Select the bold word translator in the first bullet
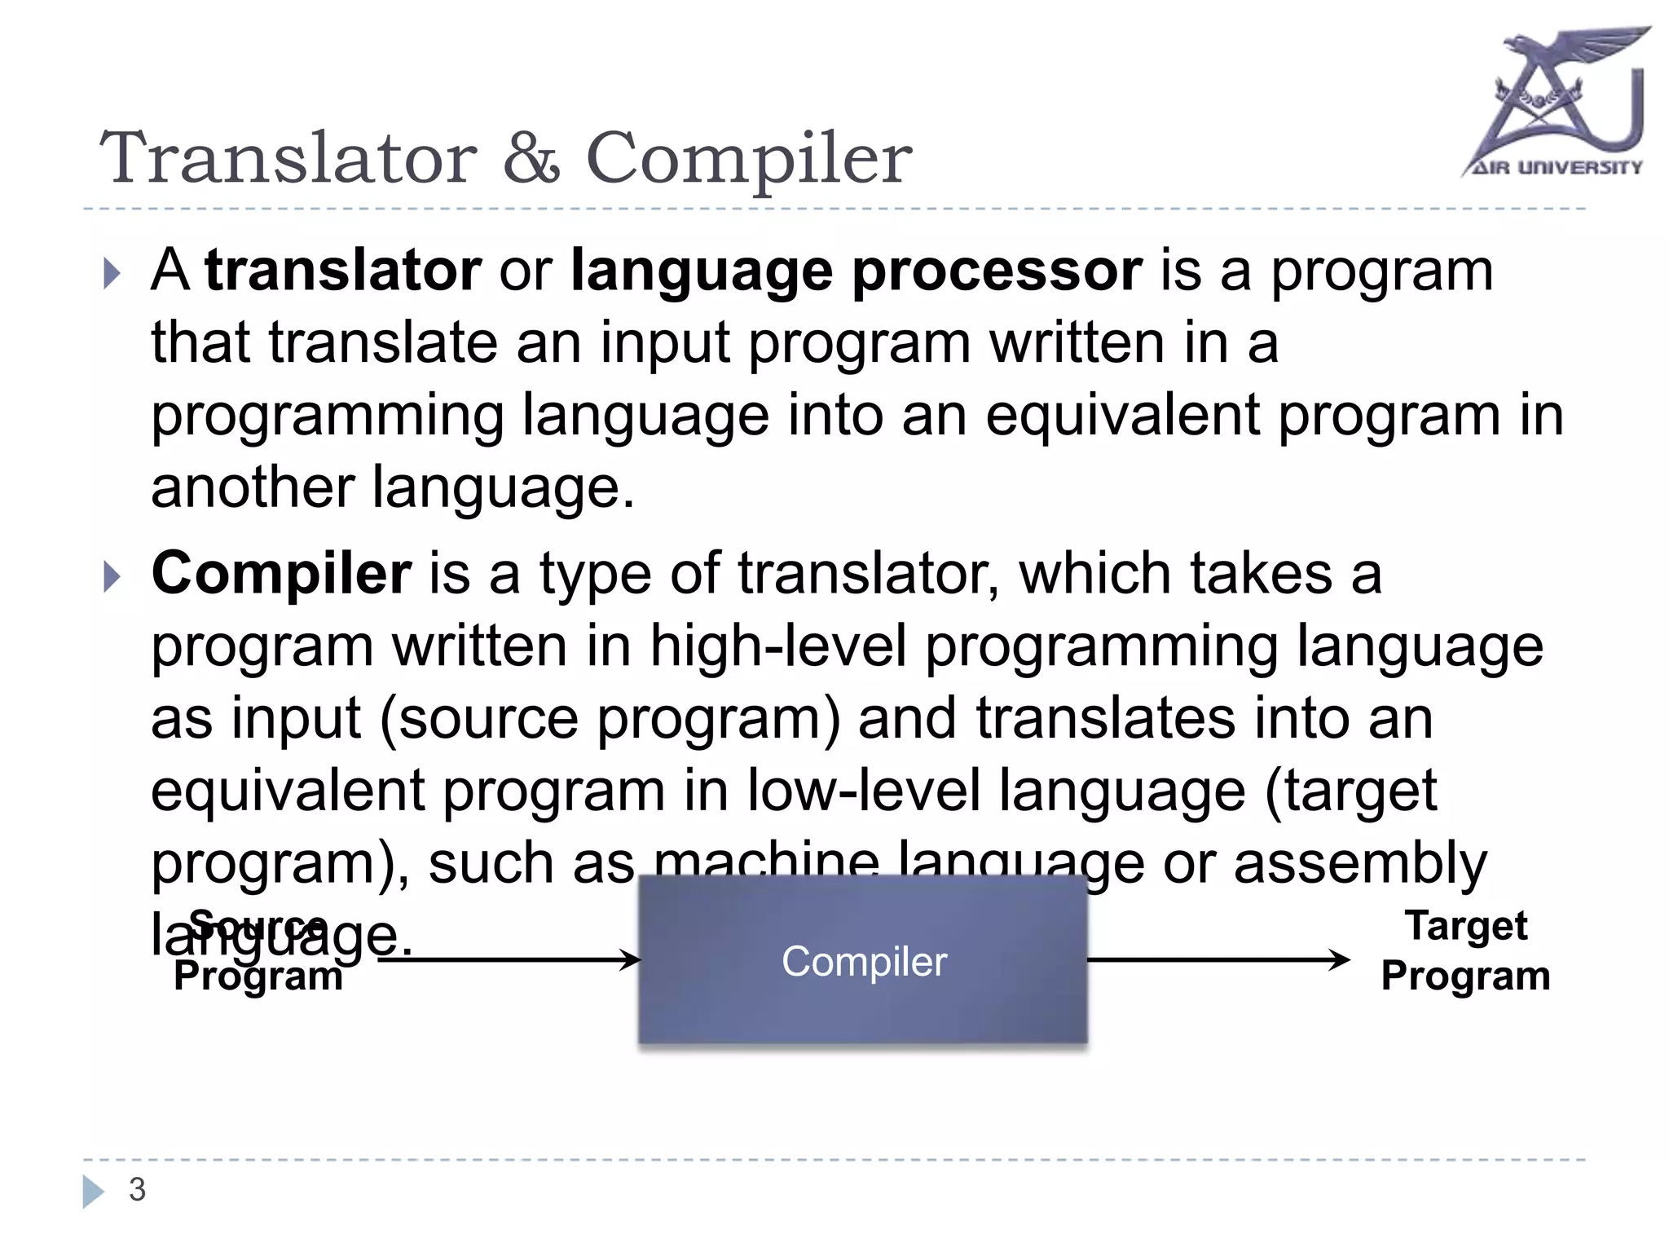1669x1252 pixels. click(343, 271)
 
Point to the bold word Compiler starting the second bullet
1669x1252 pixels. click(281, 575)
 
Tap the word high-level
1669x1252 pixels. click(777, 647)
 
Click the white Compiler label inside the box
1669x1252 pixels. click(864, 962)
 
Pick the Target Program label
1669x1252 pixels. click(1464, 951)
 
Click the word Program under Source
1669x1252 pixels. click(258, 976)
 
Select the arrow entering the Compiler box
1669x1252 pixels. click(509, 960)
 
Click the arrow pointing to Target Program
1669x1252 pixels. click(1218, 960)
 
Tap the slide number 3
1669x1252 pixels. click(137, 1190)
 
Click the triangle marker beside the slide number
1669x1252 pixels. click(93, 1192)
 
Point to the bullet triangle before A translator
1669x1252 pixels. click(112, 274)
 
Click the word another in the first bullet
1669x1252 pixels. click(252, 488)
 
